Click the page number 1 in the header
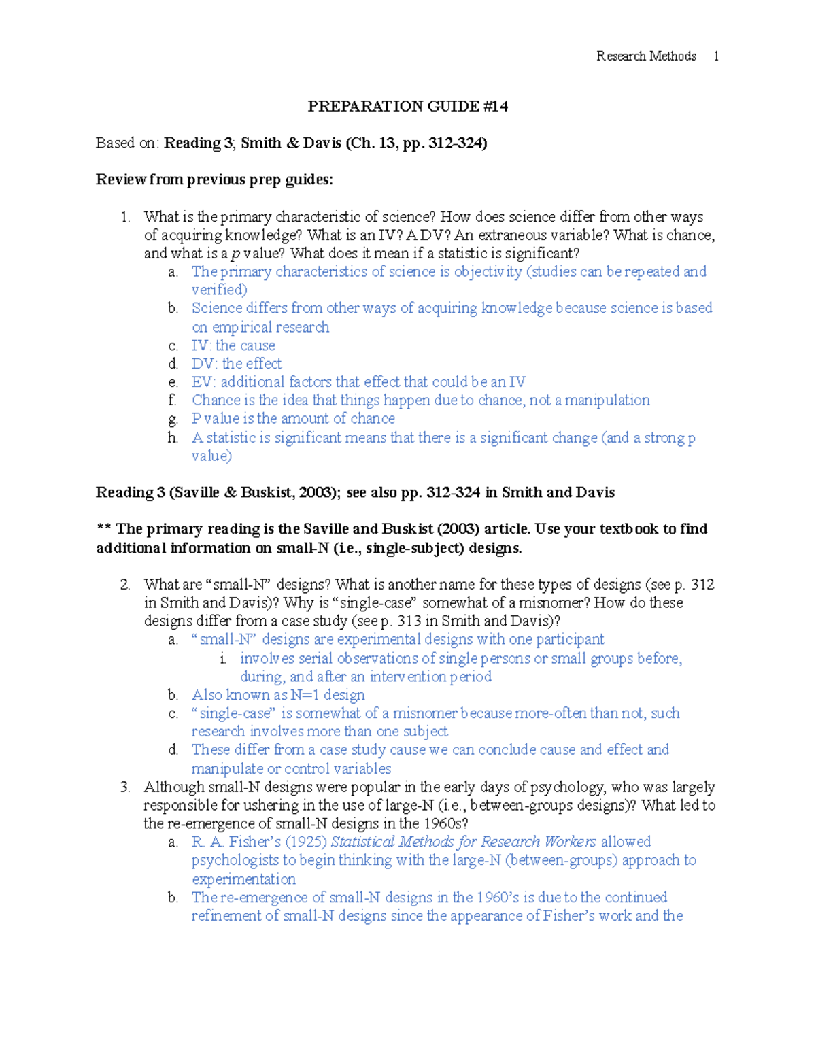(716, 56)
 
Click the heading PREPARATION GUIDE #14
(407, 106)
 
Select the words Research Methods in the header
(646, 56)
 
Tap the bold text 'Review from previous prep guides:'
(214, 180)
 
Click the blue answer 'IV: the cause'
(233, 345)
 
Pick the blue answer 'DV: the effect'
(237, 364)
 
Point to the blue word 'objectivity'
(488, 272)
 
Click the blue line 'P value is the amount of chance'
(293, 419)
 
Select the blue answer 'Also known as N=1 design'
(278, 695)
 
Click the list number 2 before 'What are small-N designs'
(124, 585)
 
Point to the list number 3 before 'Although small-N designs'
(124, 787)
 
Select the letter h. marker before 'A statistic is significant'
(173, 438)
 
